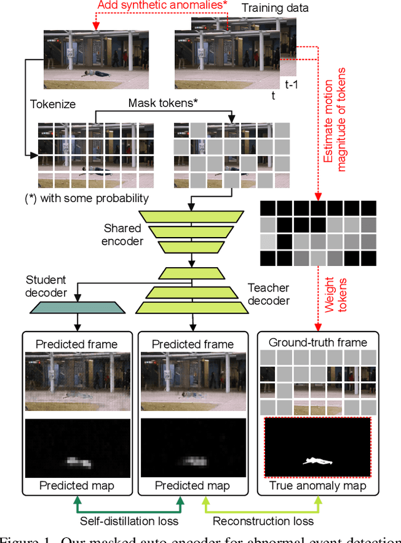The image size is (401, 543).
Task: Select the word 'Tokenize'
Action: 52,104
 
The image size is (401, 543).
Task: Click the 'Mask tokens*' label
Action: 163,103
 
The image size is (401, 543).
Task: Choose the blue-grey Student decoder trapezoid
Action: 78,308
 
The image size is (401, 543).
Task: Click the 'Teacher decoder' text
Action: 269,294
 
